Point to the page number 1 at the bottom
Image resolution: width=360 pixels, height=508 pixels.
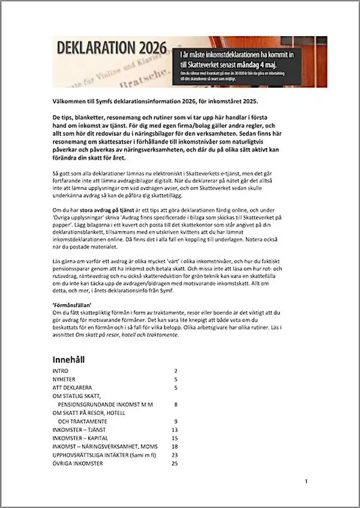click(x=306, y=482)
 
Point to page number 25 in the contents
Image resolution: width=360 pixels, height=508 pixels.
click(x=175, y=464)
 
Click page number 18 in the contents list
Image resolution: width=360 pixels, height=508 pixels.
click(x=175, y=447)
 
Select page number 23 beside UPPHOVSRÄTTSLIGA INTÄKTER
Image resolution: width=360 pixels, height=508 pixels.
click(x=175, y=455)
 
